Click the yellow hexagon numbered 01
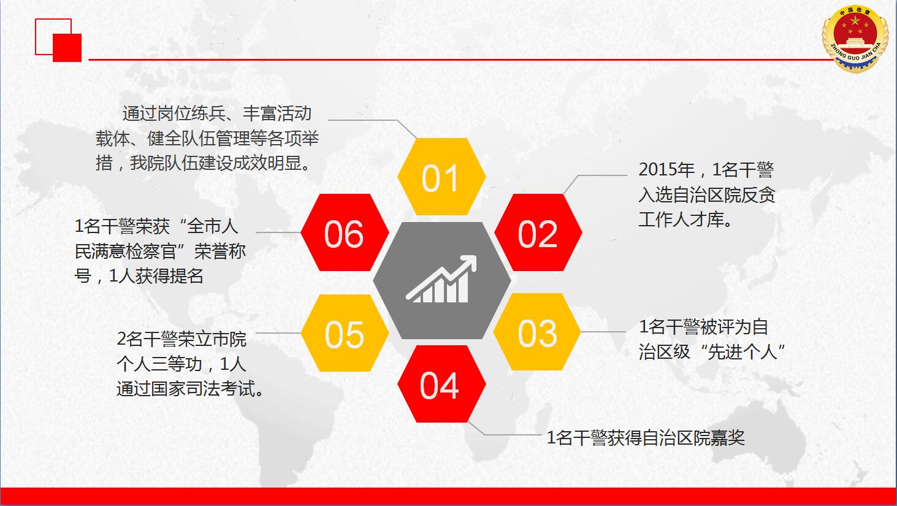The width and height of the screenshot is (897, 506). [441, 177]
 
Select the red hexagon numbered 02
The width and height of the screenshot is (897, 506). [538, 232]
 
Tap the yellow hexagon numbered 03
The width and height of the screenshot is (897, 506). [537, 332]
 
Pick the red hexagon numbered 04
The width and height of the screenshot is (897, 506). [441, 384]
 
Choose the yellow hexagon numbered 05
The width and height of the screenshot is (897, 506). [345, 333]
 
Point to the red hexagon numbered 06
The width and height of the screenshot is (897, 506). [345, 232]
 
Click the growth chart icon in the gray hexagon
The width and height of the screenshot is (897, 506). [441, 279]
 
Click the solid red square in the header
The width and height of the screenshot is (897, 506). [67, 48]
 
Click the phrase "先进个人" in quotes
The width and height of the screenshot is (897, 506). [742, 352]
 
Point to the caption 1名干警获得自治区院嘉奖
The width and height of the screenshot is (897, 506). [646, 437]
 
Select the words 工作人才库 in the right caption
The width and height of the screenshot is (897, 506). [681, 220]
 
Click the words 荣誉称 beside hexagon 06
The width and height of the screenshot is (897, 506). [220, 251]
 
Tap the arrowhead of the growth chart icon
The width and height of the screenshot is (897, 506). [468, 263]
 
